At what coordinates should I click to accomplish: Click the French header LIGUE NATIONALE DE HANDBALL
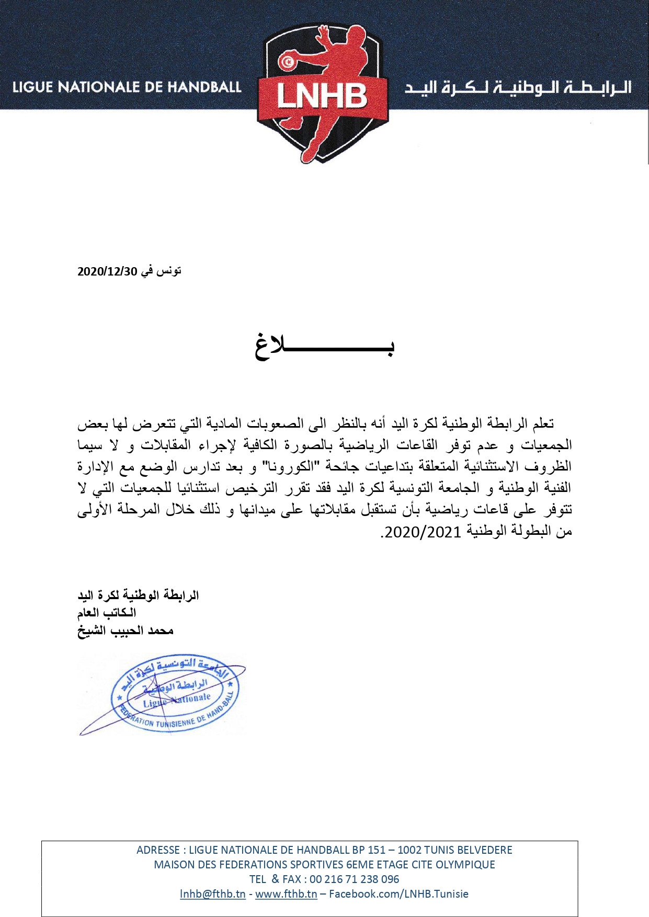(x=127, y=87)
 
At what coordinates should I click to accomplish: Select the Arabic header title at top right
(x=518, y=87)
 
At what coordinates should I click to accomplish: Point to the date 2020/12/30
(x=107, y=271)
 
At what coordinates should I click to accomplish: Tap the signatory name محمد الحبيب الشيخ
(x=126, y=631)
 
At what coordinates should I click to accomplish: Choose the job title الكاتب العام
(x=107, y=612)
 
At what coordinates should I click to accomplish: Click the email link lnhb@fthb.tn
(x=212, y=893)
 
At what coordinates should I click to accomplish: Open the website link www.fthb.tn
(x=286, y=893)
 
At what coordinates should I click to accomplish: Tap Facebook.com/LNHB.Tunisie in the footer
(x=398, y=893)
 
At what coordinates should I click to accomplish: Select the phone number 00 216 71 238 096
(x=355, y=879)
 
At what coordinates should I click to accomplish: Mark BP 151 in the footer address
(x=368, y=850)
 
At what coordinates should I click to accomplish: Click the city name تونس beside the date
(x=169, y=271)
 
